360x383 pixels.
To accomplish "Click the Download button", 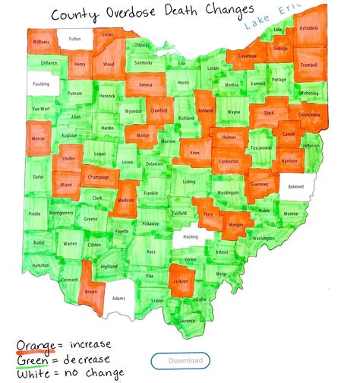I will point(185,360).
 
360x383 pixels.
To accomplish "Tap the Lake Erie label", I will point(273,19).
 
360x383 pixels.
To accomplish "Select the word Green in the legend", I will point(34,359).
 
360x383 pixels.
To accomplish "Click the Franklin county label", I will point(151,193).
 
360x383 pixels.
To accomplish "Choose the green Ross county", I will point(152,251).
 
